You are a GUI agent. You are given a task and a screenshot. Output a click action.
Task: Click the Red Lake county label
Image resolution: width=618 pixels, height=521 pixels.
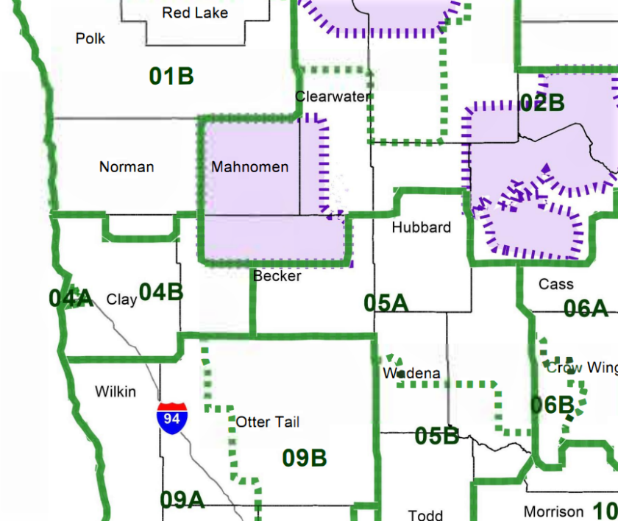195,13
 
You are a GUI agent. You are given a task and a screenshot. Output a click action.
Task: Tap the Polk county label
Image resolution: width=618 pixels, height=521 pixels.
90,38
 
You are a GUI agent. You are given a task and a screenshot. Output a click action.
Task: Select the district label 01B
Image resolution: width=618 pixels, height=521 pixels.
171,76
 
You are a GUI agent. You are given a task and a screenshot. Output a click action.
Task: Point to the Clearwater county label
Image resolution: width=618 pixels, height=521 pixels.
333,96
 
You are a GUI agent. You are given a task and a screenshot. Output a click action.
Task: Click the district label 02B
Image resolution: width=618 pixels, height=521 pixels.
542,103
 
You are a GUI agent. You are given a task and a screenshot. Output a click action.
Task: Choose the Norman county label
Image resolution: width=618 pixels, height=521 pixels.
127,167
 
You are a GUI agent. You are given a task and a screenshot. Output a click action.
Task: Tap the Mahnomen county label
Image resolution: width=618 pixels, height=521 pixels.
249,167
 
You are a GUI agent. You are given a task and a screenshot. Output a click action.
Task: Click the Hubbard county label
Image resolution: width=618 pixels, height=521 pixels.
421,227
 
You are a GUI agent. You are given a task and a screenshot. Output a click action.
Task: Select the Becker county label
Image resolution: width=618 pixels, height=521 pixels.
277,276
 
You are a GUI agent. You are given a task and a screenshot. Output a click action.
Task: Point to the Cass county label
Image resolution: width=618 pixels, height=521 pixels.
555,284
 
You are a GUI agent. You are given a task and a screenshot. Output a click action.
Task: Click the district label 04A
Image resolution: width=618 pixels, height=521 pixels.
71,298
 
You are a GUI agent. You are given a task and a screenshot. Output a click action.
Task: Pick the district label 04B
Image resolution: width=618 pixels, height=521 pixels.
161,292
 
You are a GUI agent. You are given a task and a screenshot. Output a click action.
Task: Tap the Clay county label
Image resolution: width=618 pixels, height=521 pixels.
121,300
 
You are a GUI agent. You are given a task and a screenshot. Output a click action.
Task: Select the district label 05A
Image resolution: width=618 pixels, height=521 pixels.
386,302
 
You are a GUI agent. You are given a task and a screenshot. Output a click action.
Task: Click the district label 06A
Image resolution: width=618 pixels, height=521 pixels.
586,308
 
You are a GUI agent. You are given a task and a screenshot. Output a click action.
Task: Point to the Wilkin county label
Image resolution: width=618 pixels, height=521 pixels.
116,391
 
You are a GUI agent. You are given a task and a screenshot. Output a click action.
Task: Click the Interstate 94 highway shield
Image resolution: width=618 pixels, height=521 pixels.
172,417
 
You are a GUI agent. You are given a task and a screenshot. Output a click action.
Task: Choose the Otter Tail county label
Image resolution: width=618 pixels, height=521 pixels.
267,422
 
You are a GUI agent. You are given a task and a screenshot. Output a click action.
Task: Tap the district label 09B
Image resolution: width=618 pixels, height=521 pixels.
305,458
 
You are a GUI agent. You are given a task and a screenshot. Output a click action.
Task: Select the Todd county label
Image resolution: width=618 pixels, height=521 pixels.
425,514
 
